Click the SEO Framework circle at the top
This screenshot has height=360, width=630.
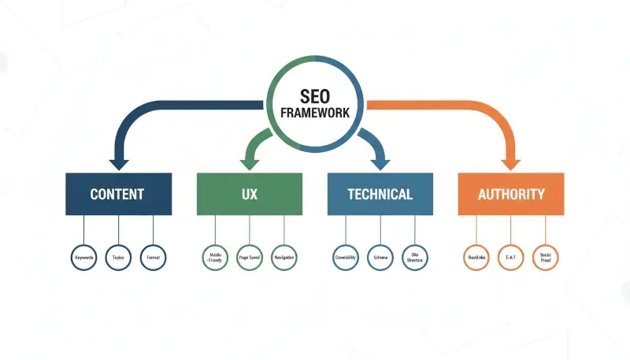pyautogui.click(x=315, y=102)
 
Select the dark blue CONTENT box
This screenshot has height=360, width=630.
pyautogui.click(x=118, y=194)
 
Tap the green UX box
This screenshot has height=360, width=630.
pyautogui.click(x=249, y=194)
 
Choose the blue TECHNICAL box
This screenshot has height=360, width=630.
pyautogui.click(x=380, y=194)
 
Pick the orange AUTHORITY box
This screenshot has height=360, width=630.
pyautogui.click(x=511, y=194)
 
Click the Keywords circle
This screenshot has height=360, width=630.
pyautogui.click(x=83, y=258)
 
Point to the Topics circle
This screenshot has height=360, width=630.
pyautogui.click(x=118, y=258)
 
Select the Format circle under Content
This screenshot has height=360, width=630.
pyautogui.click(x=153, y=258)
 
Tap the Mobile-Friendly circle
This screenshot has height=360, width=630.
pyautogui.click(x=214, y=258)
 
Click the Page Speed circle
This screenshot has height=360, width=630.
pyautogui.click(x=249, y=258)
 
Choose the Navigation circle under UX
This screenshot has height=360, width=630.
pyautogui.click(x=283, y=258)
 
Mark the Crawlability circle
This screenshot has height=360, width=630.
pyautogui.click(x=345, y=258)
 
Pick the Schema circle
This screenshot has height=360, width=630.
pyautogui.click(x=380, y=258)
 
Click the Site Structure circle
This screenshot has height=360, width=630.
pyautogui.click(x=414, y=258)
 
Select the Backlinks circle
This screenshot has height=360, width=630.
pyautogui.click(x=476, y=258)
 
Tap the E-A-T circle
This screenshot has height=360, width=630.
pyautogui.click(x=511, y=258)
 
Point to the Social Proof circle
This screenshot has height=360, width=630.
pyautogui.click(x=545, y=258)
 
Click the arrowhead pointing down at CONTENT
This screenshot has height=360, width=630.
pyautogui.click(x=119, y=164)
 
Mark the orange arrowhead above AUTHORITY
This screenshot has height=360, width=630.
pyautogui.click(x=511, y=164)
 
